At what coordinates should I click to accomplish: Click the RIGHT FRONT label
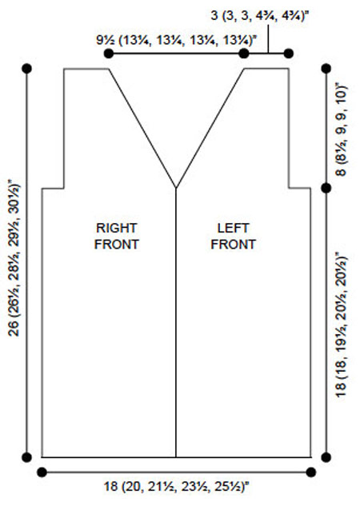click(x=117, y=237)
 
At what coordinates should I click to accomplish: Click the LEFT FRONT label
click(x=233, y=237)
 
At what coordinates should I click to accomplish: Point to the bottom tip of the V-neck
click(x=176, y=188)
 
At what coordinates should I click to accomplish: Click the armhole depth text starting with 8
click(x=341, y=129)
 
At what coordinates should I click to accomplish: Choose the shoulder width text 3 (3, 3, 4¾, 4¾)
click(x=259, y=16)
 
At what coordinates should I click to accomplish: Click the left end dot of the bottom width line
click(x=42, y=472)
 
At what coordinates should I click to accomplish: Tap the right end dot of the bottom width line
click(x=311, y=472)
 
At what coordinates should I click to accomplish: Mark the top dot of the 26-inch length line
click(x=26, y=69)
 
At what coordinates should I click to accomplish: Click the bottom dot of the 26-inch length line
click(x=26, y=457)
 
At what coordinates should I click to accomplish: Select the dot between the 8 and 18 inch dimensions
click(x=326, y=188)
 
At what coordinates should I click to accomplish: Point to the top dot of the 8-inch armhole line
click(x=326, y=69)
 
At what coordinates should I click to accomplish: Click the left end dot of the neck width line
click(x=109, y=54)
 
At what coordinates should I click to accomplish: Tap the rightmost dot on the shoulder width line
click(x=288, y=54)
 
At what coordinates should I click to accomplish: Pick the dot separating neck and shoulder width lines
click(x=244, y=54)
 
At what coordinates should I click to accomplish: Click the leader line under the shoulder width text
click(x=268, y=38)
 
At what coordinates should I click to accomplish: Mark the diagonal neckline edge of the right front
click(x=142, y=128)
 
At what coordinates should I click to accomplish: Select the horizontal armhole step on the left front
click(x=300, y=188)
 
